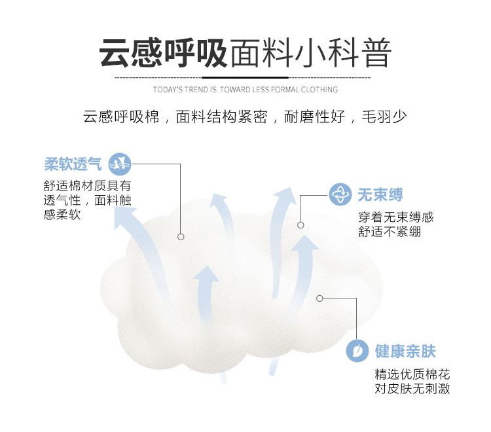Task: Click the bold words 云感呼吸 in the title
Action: [164, 54]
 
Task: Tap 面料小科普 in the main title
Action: [310, 54]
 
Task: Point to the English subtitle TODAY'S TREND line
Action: [245, 90]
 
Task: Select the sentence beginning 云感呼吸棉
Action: [245, 118]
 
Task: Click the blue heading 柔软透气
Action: [73, 164]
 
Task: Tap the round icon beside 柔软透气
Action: [119, 164]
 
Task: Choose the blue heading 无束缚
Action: [380, 194]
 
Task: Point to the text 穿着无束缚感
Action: [395, 217]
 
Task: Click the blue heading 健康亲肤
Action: [405, 351]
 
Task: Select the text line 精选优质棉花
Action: [412, 375]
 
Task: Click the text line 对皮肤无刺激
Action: [412, 389]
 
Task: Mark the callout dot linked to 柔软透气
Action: [181, 236]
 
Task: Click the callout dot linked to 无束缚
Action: [300, 225]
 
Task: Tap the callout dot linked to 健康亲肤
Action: [319, 298]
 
